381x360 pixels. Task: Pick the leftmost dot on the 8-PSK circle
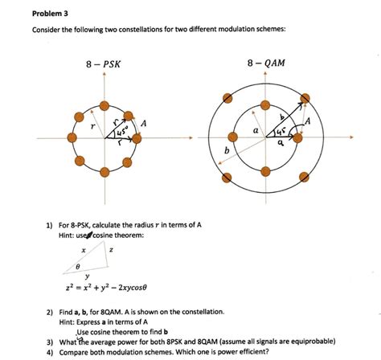pyautogui.click(x=71, y=138)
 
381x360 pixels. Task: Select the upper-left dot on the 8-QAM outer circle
pyautogui.click(x=228, y=98)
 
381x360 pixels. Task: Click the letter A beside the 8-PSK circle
pyautogui.click(x=143, y=123)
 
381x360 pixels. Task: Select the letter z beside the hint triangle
pyautogui.click(x=110, y=251)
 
